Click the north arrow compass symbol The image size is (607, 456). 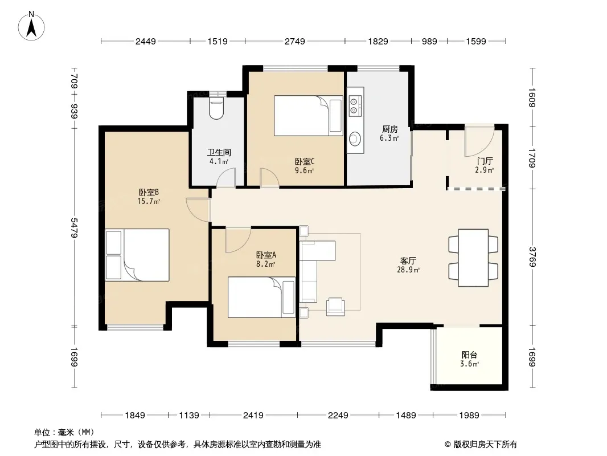31,26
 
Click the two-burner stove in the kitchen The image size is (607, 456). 354,106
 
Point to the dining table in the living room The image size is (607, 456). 473,258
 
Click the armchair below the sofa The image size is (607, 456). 335,307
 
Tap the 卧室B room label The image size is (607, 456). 149,192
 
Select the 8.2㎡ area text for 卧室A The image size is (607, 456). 265,264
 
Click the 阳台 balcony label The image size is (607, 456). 469,355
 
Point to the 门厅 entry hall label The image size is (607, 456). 485,161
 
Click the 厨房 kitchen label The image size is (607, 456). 389,129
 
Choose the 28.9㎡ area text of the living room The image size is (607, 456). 408,270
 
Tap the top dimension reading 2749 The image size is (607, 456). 295,41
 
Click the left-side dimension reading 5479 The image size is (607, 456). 75,227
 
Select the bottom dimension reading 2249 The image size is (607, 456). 338,416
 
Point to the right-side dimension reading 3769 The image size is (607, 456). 532,257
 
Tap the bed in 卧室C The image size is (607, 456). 309,116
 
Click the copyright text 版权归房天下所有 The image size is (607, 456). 485,445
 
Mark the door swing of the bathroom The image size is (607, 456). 226,179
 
